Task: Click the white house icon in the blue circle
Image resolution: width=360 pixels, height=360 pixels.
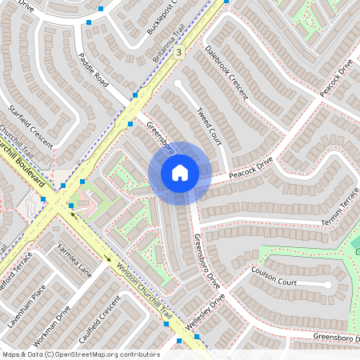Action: pos(179,172)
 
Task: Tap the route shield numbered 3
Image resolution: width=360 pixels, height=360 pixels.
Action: pos(178,52)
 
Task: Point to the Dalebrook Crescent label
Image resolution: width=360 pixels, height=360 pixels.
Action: pos(226,71)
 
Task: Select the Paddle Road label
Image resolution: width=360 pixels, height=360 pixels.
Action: pos(94,70)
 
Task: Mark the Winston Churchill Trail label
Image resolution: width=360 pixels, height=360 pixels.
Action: pos(144,291)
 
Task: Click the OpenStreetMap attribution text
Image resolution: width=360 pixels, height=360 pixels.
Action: pos(80,354)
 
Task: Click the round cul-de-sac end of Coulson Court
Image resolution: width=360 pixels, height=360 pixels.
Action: pos(327,285)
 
